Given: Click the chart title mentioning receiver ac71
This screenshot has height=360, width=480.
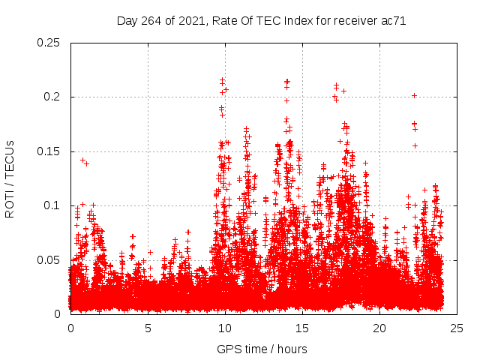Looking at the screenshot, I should click(x=261, y=21).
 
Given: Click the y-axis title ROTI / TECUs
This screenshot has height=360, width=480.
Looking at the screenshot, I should click(x=10, y=178).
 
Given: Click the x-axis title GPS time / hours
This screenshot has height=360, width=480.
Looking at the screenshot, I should click(x=262, y=349).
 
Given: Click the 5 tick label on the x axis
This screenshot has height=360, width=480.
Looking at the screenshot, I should click(x=148, y=328).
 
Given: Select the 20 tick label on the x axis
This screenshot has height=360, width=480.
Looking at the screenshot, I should click(x=379, y=328).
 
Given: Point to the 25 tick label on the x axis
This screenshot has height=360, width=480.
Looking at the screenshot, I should click(x=457, y=328).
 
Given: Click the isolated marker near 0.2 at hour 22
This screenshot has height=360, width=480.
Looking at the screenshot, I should click(x=414, y=95).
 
